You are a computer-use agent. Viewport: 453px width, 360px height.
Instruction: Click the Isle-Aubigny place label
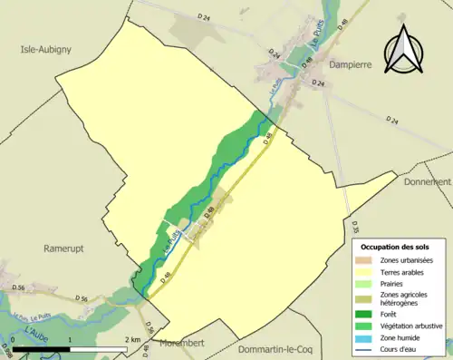tap(47, 51)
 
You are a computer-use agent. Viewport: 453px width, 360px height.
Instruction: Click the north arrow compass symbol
tap(407, 50)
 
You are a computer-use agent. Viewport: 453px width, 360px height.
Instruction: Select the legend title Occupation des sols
tap(396, 246)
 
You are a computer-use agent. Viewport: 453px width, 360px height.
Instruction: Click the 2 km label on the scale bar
tap(132, 339)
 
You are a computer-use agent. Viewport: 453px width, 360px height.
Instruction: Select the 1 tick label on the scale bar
tap(70, 339)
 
